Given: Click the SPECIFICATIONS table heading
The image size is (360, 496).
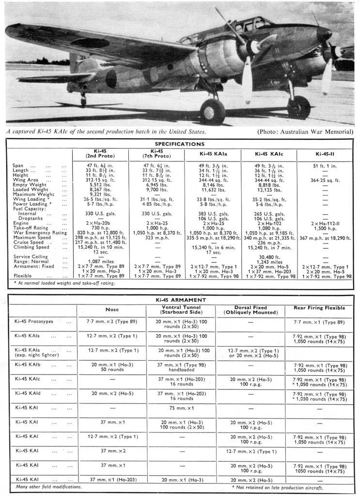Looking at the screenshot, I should (x=179, y=144).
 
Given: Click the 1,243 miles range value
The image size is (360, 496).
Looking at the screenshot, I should (x=268, y=262).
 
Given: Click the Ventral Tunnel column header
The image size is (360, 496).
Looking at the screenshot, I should (x=180, y=310).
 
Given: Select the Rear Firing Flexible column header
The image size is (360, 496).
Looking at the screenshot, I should (x=319, y=307).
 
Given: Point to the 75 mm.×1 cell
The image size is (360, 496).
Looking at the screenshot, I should (x=180, y=408).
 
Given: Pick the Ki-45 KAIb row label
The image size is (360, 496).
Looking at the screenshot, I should (x=31, y=364).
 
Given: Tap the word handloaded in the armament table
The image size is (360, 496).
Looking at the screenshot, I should (x=180, y=370).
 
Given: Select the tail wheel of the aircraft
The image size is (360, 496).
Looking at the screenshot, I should (x=83, y=103).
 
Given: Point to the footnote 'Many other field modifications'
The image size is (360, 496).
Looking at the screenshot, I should (x=49, y=486).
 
